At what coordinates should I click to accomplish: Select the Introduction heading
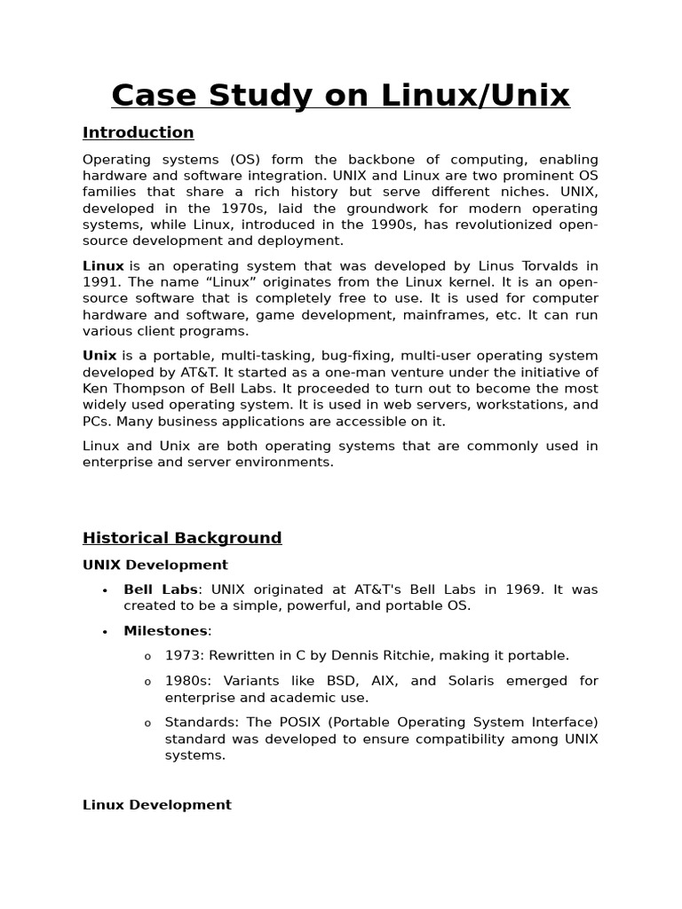[138, 132]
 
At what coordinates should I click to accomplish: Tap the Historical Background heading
[182, 537]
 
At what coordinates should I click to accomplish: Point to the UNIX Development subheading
[155, 565]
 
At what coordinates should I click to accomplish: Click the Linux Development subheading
[157, 804]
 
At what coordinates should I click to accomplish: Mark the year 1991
[99, 282]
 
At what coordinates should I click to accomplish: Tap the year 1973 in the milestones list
[182, 655]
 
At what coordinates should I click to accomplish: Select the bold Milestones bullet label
[165, 630]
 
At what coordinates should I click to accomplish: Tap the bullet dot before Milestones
[105, 631]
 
